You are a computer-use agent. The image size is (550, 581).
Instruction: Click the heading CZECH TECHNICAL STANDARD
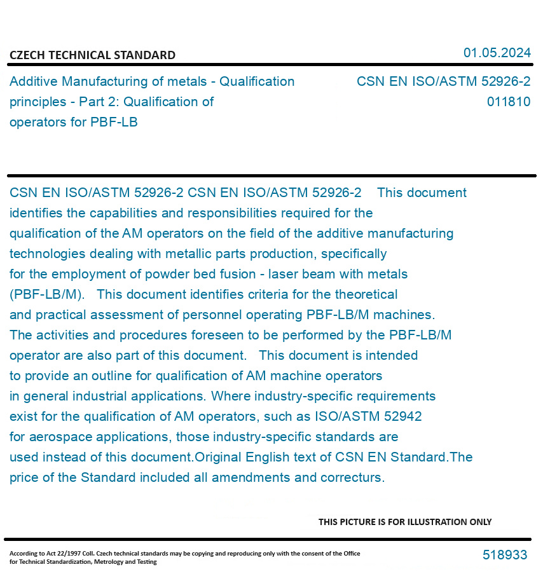tap(92, 55)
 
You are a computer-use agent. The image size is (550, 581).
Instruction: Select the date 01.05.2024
tap(497, 53)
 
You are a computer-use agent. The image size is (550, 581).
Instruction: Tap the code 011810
tap(509, 102)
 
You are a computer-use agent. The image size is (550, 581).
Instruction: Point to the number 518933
tap(505, 555)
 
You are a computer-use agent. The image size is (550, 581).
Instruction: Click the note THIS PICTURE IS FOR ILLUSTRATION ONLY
tap(405, 522)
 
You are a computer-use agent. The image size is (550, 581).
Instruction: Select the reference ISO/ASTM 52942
tap(368, 416)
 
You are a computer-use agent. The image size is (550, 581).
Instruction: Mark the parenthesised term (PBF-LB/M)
tap(46, 294)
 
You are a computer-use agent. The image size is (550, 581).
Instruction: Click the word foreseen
tap(216, 335)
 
